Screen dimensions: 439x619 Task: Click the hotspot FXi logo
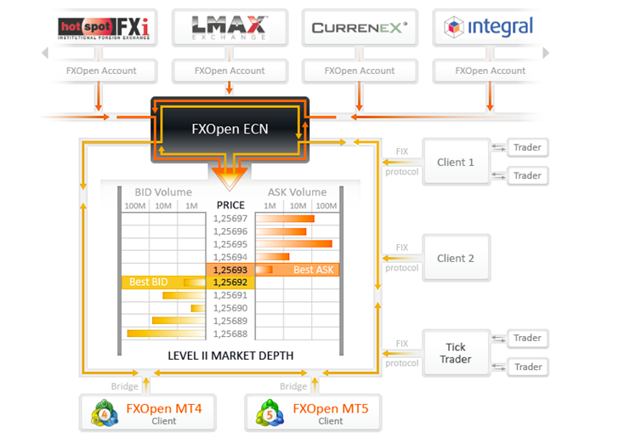[101, 28]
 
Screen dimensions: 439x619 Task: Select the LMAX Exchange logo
[230, 28]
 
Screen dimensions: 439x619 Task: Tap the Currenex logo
[359, 28]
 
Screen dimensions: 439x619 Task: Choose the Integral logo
[489, 28]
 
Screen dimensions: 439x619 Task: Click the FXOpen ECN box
[230, 129]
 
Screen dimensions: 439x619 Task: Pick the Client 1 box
[456, 162]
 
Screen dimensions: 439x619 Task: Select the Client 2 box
[456, 259]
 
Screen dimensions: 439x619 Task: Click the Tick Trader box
[456, 353]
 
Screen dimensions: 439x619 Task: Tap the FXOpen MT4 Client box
[144, 413]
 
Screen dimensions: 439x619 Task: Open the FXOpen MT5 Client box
[310, 413]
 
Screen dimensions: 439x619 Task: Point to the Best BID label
[149, 282]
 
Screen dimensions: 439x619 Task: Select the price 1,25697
[230, 219]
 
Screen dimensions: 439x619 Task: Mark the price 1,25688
[230, 334]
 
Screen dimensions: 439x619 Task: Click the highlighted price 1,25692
[230, 282]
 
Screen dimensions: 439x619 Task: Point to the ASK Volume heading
[298, 191]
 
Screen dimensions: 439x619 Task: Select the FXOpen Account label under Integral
[490, 71]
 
